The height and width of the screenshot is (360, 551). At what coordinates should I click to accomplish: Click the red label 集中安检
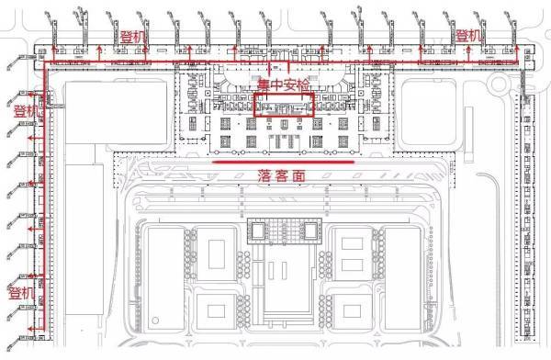pos(283,84)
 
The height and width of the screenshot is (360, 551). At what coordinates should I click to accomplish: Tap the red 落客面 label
pos(282,175)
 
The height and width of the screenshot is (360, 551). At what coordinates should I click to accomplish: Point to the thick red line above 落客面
pos(284,162)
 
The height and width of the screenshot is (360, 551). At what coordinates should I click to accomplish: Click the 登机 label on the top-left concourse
pos(133,37)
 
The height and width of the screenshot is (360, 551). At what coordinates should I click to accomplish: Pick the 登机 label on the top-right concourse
pos(468,36)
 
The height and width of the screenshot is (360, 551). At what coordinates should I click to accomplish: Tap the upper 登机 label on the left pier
pos(26,111)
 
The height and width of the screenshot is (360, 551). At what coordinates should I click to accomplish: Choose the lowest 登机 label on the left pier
pos(21,293)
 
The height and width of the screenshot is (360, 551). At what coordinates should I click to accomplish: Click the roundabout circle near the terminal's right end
pos(499,84)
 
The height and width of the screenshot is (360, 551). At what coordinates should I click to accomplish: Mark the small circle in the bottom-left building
pos(155,321)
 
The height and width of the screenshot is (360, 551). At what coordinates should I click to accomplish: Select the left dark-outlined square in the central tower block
pos(257,231)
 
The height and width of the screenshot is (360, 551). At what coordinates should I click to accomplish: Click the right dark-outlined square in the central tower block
pos(311,231)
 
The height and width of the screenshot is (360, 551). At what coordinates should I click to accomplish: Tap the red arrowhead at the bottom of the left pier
pos(30,329)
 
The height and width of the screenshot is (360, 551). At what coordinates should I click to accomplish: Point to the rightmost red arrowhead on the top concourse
pos(516,47)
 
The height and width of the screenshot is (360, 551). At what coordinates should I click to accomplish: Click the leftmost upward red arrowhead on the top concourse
pos(54,47)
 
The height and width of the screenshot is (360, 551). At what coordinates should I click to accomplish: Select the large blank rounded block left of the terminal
pos(117,112)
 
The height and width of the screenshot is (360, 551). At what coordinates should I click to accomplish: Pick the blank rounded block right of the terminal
pos(429,112)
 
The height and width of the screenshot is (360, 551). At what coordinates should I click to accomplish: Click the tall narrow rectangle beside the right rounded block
pos(468,134)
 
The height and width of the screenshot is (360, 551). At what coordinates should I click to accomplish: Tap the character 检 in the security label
pos(303,84)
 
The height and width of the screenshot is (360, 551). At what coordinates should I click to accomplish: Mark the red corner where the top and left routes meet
pos(45,63)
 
